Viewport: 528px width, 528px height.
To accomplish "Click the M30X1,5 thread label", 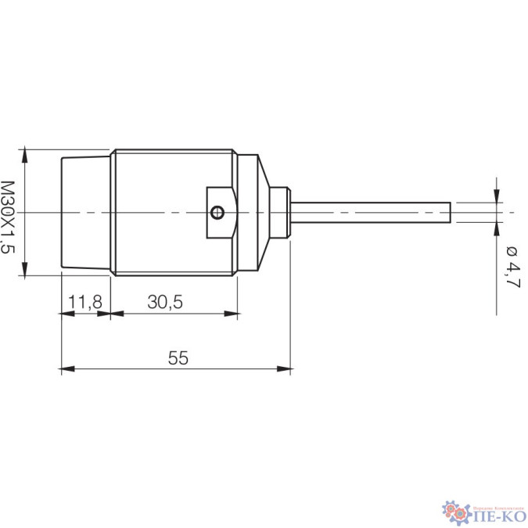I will coord(9,217).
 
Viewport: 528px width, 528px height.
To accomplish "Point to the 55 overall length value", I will coord(178,357).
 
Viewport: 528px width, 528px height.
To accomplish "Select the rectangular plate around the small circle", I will coord(220,212).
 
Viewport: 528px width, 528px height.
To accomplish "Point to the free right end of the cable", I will coord(451,212).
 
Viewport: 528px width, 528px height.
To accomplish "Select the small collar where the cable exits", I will coord(280,212).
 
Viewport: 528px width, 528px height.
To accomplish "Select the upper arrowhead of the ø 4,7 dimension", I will coord(496,196).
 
